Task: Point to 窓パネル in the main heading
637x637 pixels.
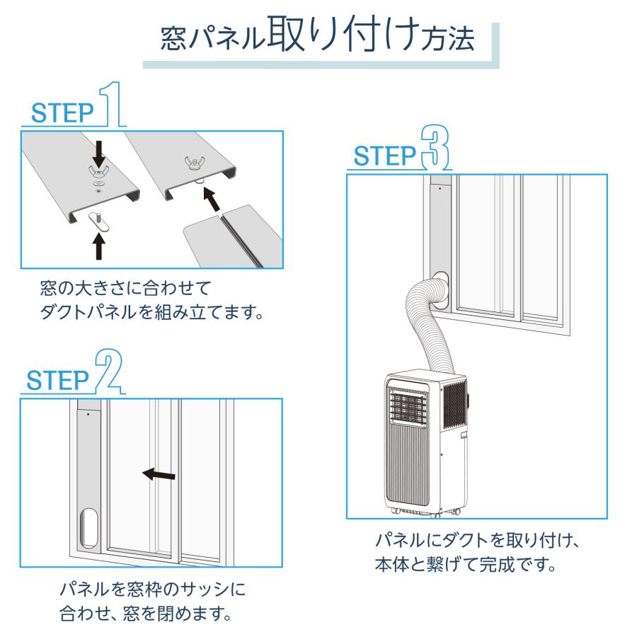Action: (212, 40)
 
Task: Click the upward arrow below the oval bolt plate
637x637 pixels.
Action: (99, 246)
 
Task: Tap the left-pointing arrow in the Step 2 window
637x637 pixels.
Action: (159, 475)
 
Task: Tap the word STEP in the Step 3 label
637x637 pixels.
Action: (383, 155)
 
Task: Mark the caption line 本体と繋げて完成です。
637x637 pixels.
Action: (463, 567)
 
